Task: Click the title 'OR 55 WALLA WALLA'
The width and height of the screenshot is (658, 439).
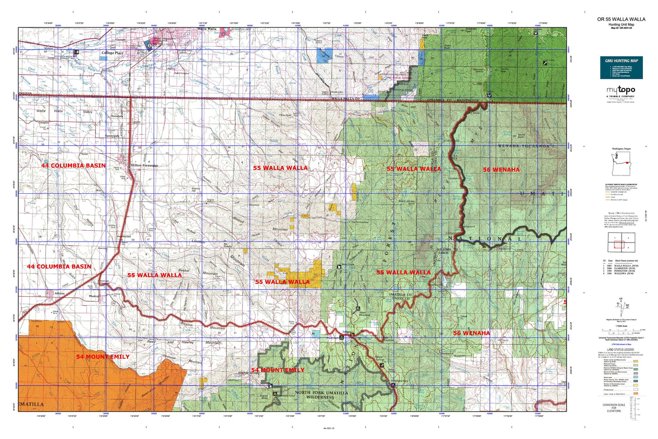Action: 621,19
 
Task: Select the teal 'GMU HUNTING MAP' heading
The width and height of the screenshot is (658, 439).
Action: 621,61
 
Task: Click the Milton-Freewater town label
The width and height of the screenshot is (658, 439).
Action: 144,165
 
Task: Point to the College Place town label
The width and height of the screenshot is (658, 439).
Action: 112,53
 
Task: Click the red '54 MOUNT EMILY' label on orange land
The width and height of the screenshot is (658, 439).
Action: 102,356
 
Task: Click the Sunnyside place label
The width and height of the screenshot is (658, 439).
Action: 112,136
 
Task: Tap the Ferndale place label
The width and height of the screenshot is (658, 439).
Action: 117,116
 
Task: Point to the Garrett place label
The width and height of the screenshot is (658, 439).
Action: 120,40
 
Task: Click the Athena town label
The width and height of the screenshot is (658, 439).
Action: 60,294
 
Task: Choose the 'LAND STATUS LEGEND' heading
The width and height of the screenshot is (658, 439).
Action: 621,350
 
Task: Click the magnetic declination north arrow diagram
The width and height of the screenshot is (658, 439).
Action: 620,306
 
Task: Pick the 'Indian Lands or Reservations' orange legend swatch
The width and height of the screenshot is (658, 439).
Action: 636,393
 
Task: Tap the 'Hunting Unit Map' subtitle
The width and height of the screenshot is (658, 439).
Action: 621,25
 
